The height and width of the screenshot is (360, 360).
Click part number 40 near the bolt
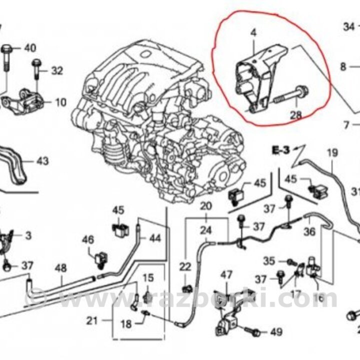pyautogui.click(x=30, y=48)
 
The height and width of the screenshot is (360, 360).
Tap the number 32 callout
pyautogui.click(x=57, y=71)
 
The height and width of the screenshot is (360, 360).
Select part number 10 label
pyautogui.click(x=60, y=103)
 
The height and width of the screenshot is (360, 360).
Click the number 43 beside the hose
pyautogui.click(x=42, y=161)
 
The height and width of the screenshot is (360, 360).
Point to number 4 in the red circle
pyautogui.click(x=253, y=33)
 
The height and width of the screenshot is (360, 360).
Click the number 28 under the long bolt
pyautogui.click(x=296, y=115)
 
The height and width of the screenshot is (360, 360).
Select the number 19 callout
pyautogui.click(x=332, y=152)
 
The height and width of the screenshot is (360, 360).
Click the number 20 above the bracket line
pyautogui.click(x=206, y=206)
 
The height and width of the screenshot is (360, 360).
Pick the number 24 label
pyautogui.click(x=206, y=230)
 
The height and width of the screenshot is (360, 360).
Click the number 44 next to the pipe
pyautogui.click(x=155, y=238)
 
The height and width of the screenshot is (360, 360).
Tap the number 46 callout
pyautogui.click(x=88, y=240)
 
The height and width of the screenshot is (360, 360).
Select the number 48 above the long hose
pyautogui.click(x=60, y=268)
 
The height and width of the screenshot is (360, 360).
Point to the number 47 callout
pyautogui.click(x=227, y=274)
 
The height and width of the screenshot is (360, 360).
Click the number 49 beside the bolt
pyautogui.click(x=275, y=332)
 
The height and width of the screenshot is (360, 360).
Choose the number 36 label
pyautogui.click(x=309, y=231)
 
